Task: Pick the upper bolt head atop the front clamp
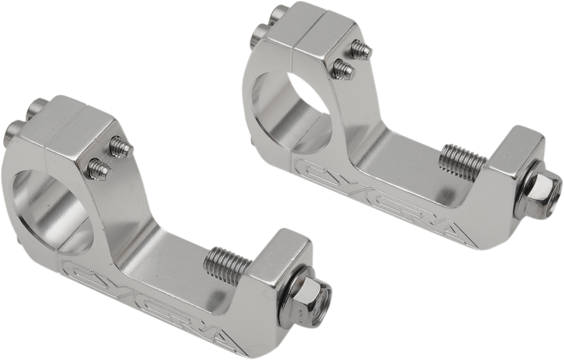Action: point(40,109)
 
